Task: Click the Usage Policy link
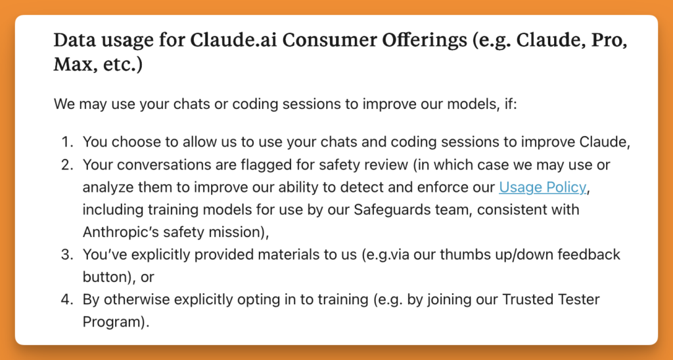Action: (542, 187)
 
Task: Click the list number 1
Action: (68, 143)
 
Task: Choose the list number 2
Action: (68, 165)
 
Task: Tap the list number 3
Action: (68, 254)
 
